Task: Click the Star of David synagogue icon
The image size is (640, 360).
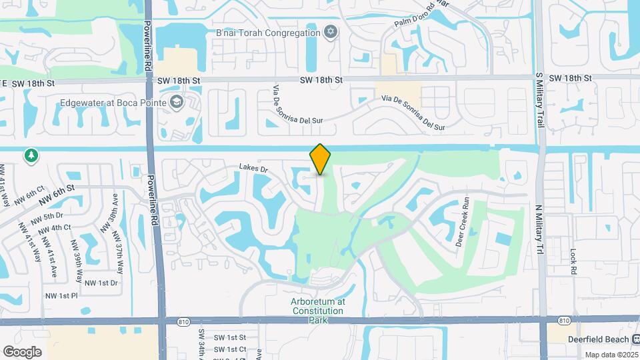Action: pyautogui.click(x=330, y=32)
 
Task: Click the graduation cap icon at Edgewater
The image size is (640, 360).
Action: pyautogui.click(x=176, y=102)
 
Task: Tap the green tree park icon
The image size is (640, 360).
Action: pyautogui.click(x=31, y=155)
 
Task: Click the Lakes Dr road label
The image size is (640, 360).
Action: pyautogui.click(x=254, y=170)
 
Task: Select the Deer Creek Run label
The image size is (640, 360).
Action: pyautogui.click(x=463, y=223)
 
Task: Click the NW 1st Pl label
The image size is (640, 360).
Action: pyautogui.click(x=61, y=295)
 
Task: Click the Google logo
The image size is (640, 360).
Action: pyautogui.click(x=22, y=351)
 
